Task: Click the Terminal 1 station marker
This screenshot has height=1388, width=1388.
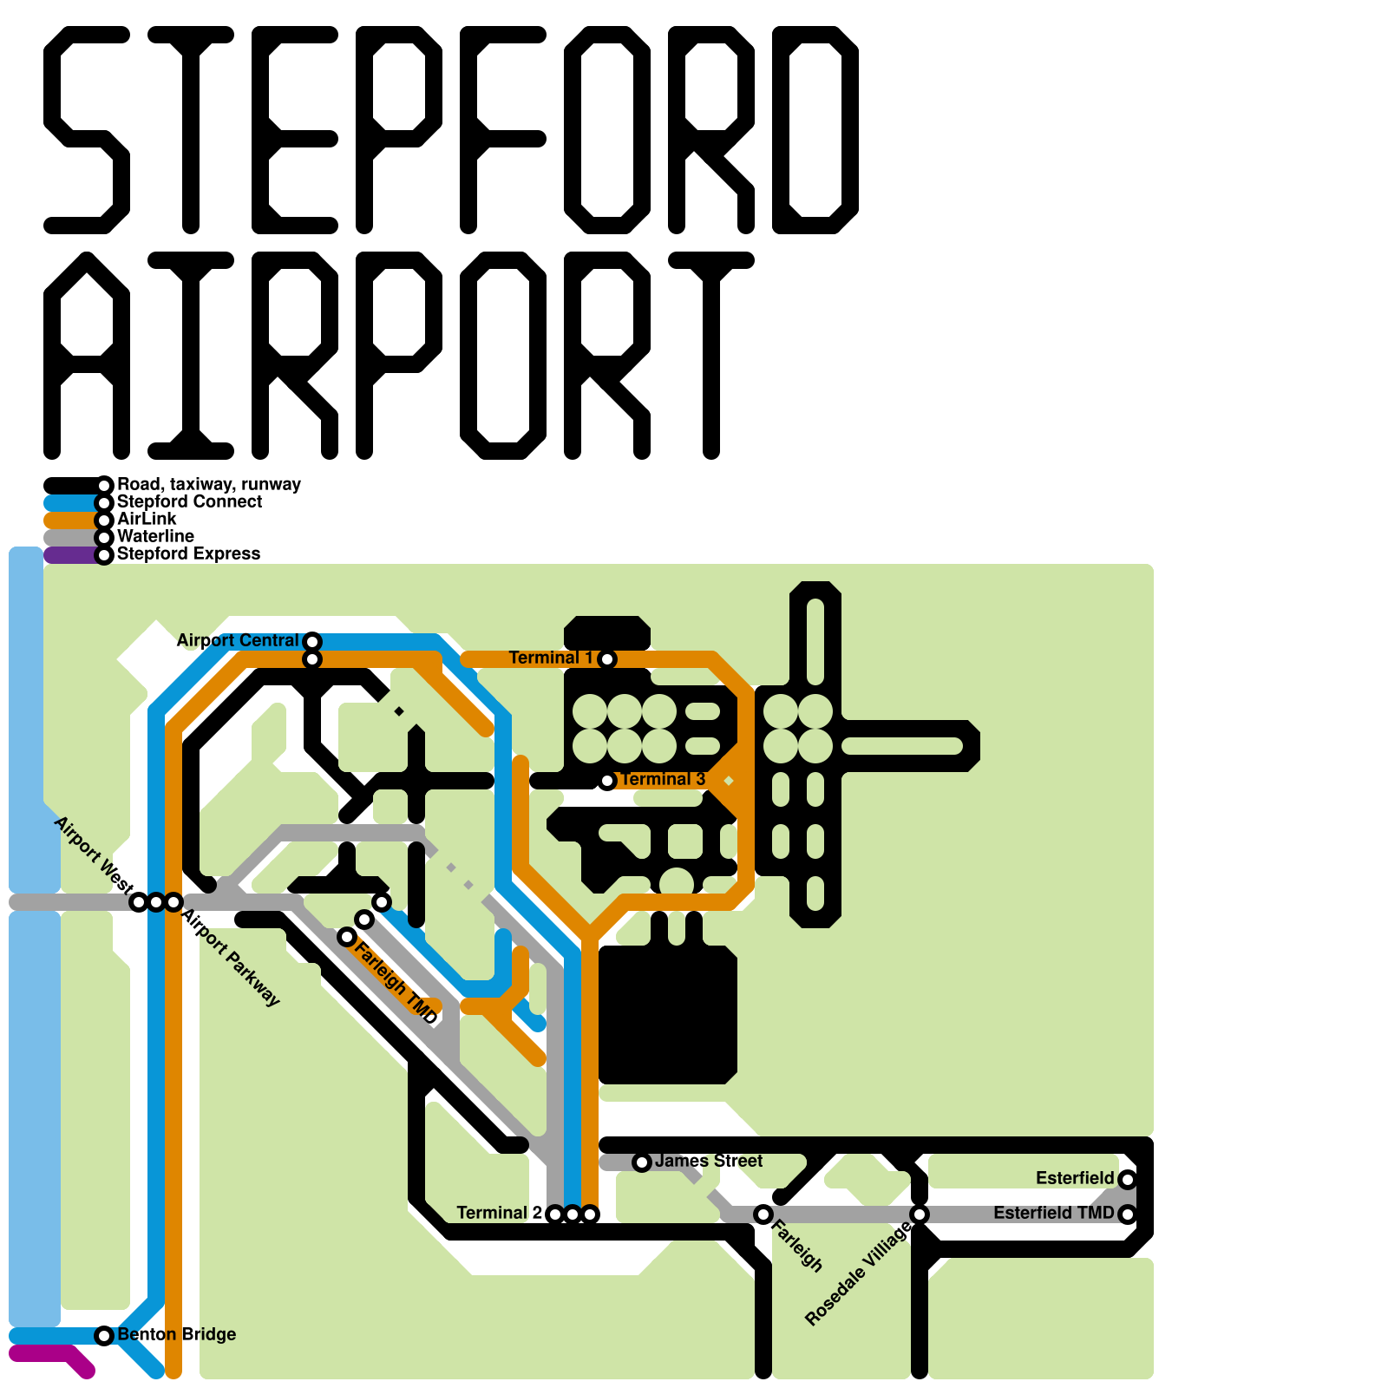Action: tap(607, 659)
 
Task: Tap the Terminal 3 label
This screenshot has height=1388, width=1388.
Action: tap(663, 779)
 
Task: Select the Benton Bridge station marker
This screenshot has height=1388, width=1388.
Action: tap(104, 1336)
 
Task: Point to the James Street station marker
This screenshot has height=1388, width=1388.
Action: tap(642, 1162)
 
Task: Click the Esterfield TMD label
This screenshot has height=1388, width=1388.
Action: tap(1053, 1213)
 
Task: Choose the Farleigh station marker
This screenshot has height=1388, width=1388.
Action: tap(763, 1214)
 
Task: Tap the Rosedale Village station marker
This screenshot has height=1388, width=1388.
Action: tap(920, 1214)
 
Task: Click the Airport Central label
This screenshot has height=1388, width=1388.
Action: tap(237, 640)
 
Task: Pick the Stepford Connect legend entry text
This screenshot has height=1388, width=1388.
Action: tap(189, 501)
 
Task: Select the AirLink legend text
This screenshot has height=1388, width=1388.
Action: tap(147, 519)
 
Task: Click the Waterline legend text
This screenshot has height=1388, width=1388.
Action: tap(155, 536)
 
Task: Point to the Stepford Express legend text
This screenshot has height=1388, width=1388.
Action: tap(188, 553)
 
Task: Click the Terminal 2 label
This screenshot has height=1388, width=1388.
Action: tap(499, 1213)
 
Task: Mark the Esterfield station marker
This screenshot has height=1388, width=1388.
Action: tap(1128, 1180)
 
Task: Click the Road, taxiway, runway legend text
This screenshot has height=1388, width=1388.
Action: tap(208, 484)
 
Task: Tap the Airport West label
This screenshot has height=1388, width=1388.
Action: tap(93, 854)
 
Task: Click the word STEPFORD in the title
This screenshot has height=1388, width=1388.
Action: tap(451, 130)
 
